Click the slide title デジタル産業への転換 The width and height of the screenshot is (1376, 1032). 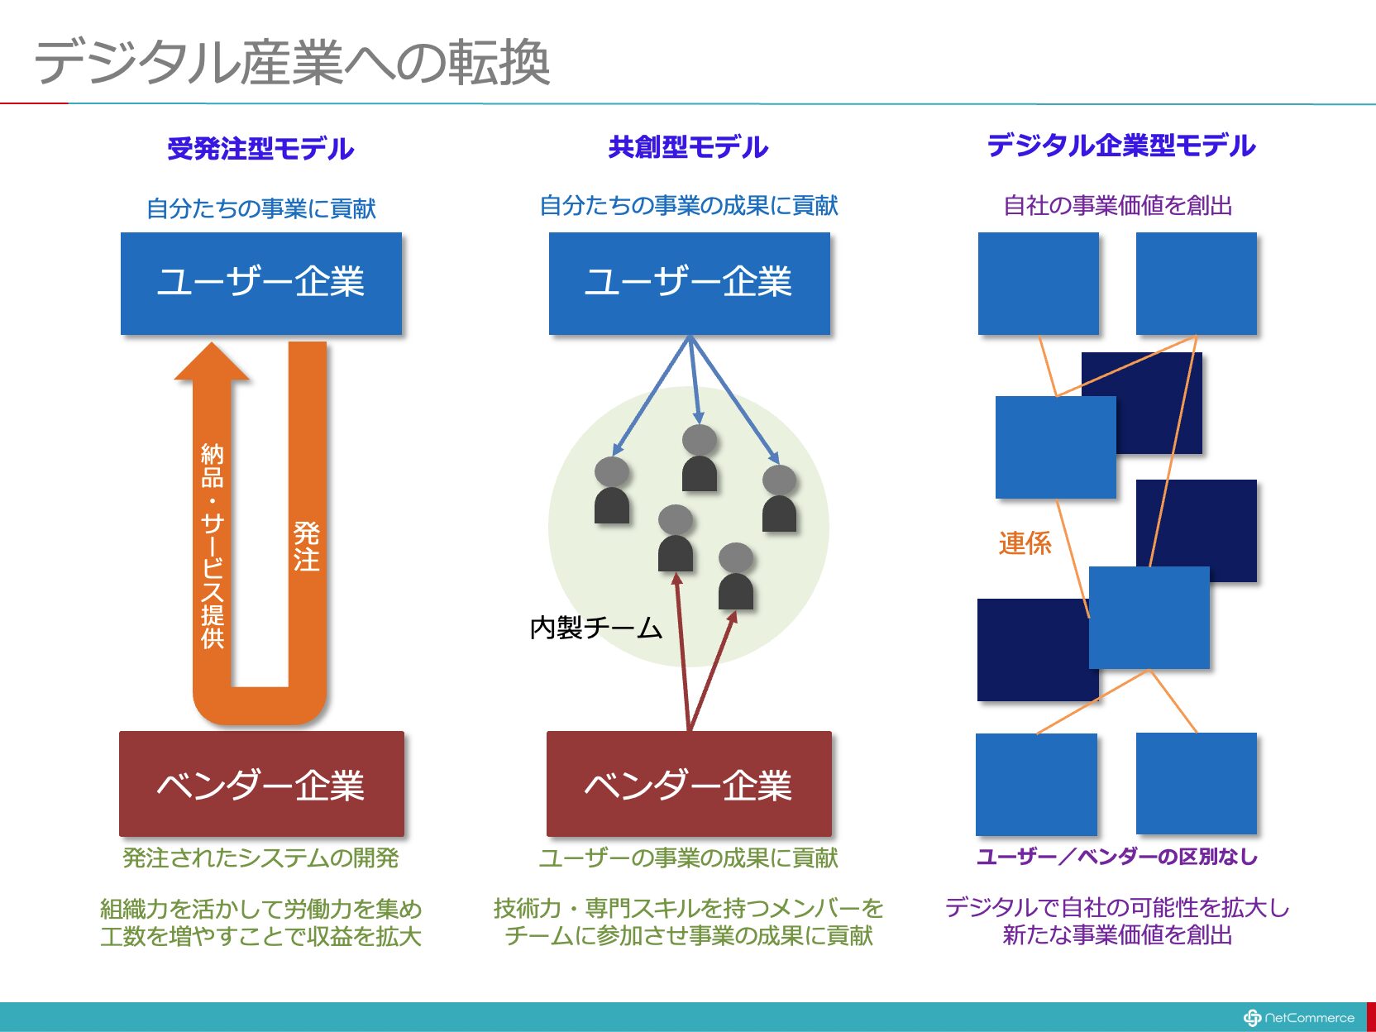point(292,63)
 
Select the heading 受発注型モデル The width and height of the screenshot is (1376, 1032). point(260,149)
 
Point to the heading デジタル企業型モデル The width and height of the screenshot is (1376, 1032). point(1121,146)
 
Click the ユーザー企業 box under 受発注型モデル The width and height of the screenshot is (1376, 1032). point(261,283)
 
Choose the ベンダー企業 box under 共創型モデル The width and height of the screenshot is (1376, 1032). point(689,783)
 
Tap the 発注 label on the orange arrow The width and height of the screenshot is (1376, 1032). point(307,547)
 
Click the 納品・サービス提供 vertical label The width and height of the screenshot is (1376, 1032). point(212,545)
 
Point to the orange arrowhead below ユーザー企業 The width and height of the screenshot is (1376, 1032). point(212,361)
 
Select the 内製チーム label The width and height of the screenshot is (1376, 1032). point(596,628)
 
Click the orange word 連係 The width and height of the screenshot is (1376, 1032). point(1025,543)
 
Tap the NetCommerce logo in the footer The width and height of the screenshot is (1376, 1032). point(1299,1018)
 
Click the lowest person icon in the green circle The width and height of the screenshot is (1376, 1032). point(736,576)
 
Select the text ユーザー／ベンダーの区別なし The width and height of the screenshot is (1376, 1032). point(1117,857)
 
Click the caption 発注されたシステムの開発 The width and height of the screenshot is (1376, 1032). point(260,858)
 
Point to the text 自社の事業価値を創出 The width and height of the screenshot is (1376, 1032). point(1118,206)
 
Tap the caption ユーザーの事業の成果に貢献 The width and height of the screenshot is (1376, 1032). point(688,858)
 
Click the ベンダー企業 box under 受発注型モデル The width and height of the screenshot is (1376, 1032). point(261,783)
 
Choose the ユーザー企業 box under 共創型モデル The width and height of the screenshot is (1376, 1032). point(690,283)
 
